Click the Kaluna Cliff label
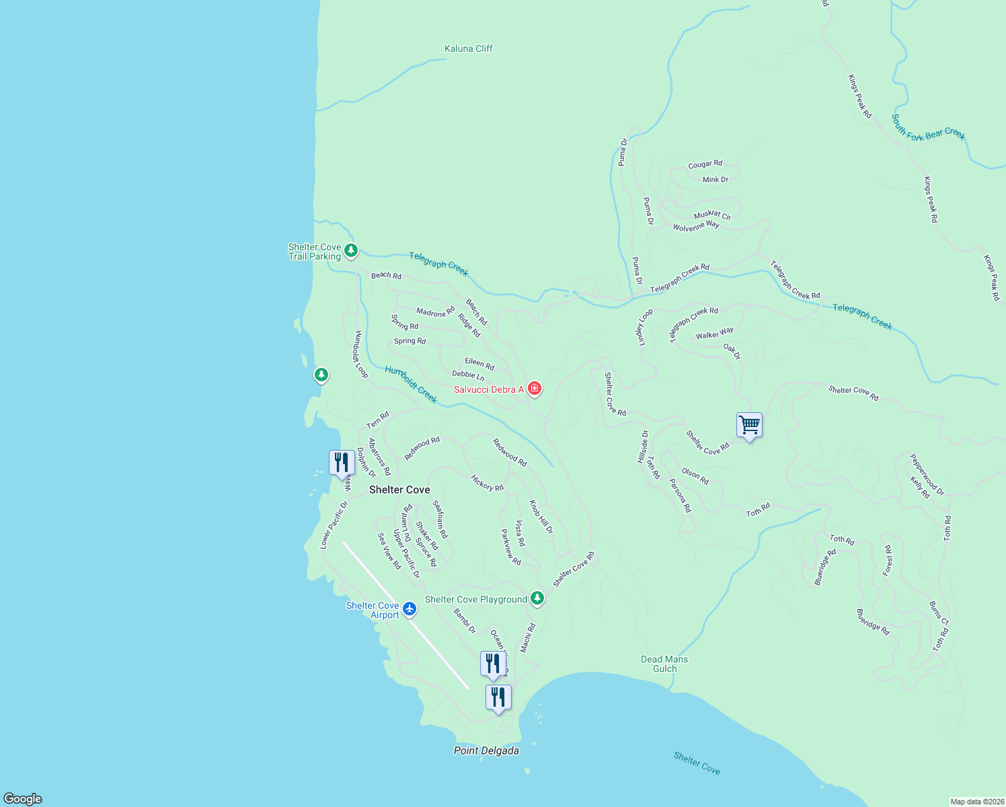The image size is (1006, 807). click(469, 48)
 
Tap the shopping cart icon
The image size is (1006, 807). click(749, 425)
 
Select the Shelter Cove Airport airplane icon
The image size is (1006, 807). click(410, 609)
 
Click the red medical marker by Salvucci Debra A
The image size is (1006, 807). click(535, 389)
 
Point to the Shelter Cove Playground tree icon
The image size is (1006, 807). click(537, 598)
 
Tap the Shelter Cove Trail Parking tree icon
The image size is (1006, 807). click(350, 251)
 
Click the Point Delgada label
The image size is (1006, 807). click(486, 751)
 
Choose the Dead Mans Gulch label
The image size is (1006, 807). click(664, 664)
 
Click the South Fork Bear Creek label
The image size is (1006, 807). click(928, 128)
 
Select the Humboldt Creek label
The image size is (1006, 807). click(411, 384)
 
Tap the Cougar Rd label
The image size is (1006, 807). click(705, 164)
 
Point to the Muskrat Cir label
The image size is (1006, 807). click(712, 215)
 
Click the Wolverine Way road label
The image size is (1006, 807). click(696, 226)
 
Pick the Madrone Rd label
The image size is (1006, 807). click(435, 312)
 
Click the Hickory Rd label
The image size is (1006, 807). click(487, 483)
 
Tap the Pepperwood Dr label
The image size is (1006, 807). click(927, 474)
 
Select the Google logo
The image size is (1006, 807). click(23, 799)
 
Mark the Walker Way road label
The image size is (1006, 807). click(714, 334)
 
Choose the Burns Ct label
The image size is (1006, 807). click(938, 613)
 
